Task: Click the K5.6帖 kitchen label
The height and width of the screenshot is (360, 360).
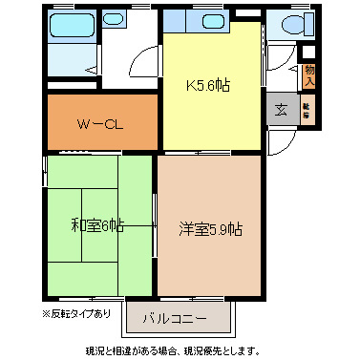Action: coord(206,84)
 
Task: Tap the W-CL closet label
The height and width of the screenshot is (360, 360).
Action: coord(100,122)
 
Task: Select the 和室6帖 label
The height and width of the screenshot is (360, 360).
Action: coord(97,225)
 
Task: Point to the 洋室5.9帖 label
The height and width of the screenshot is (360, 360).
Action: coord(210,229)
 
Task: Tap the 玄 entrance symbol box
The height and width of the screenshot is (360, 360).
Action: coord(283,109)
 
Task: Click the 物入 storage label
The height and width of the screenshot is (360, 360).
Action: coord(308,74)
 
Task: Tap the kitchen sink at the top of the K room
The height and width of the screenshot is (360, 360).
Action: coord(209,21)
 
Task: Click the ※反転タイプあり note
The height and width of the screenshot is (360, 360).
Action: coord(76,313)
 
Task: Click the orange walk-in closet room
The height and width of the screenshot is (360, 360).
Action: coord(100,134)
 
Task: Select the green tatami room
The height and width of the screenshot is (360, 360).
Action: coord(98,248)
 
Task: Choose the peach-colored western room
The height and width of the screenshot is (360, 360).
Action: coord(210,258)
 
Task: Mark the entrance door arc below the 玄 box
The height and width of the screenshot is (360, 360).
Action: coord(279,140)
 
